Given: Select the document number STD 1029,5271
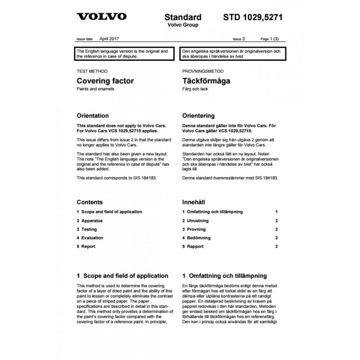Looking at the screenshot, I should click(253, 18).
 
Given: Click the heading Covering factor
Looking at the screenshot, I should click(105, 81).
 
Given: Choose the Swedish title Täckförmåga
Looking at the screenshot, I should click(206, 81).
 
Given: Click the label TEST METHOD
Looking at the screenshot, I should click(92, 72).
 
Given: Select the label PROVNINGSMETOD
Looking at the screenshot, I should click(203, 72).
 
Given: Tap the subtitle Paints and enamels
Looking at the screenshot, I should click(96, 89).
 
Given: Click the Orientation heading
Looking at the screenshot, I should click(93, 116).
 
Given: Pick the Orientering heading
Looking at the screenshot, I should click(198, 116).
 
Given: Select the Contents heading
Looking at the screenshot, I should click(90, 202).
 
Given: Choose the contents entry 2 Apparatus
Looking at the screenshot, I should click(90, 220).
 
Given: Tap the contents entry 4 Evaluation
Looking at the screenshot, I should click(90, 238).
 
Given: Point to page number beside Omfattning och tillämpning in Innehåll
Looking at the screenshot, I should click(276, 211).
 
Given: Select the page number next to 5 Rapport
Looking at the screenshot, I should click(276, 247).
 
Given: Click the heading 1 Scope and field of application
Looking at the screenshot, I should click(122, 276).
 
